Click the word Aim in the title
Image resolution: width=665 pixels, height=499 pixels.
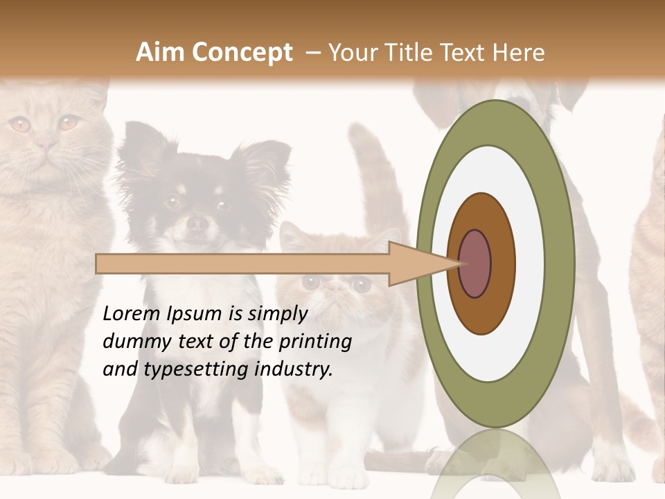[161, 53]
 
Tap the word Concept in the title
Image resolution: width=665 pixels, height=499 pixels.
[240, 53]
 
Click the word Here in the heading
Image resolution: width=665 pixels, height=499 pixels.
[518, 53]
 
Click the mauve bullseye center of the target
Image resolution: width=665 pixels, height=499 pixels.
[475, 264]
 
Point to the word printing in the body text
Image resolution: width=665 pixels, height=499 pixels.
[314, 342]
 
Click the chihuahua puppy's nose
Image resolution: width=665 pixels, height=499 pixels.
[197, 222]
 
